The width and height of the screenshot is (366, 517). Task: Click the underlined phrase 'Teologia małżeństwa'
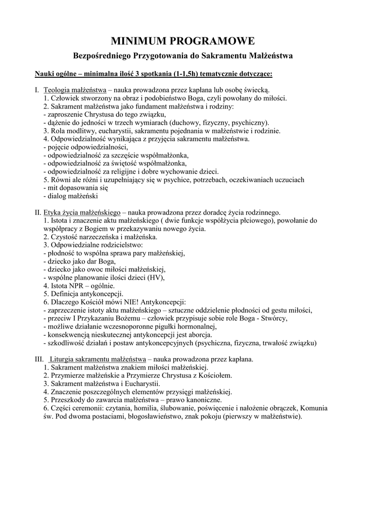74,90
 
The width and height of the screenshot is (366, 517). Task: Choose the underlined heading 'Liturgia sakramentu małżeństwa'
98,359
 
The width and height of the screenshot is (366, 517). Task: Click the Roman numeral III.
39,359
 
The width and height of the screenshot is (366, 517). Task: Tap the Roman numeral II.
38,213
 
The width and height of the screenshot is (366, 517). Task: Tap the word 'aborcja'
200,334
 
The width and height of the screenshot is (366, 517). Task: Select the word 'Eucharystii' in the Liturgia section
140,383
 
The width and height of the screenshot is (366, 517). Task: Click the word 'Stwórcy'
274,318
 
